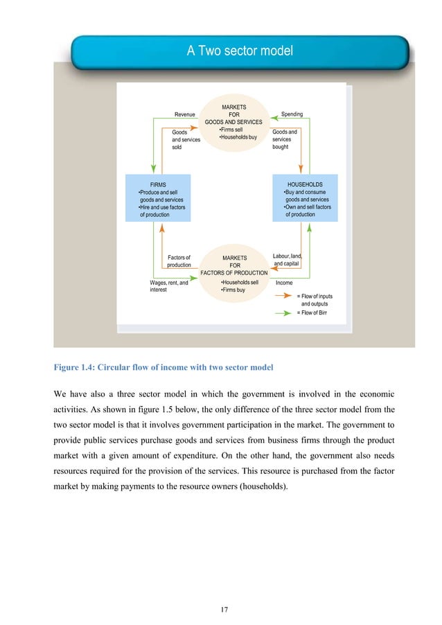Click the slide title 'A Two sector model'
(x=240, y=51)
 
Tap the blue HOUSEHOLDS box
(x=305, y=198)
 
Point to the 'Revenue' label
(x=184, y=114)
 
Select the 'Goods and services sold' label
(x=185, y=139)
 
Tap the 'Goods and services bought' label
(x=285, y=139)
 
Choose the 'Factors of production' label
(x=179, y=261)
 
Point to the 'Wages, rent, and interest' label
(x=168, y=286)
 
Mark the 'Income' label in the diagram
(x=284, y=283)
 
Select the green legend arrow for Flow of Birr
(x=284, y=312)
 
